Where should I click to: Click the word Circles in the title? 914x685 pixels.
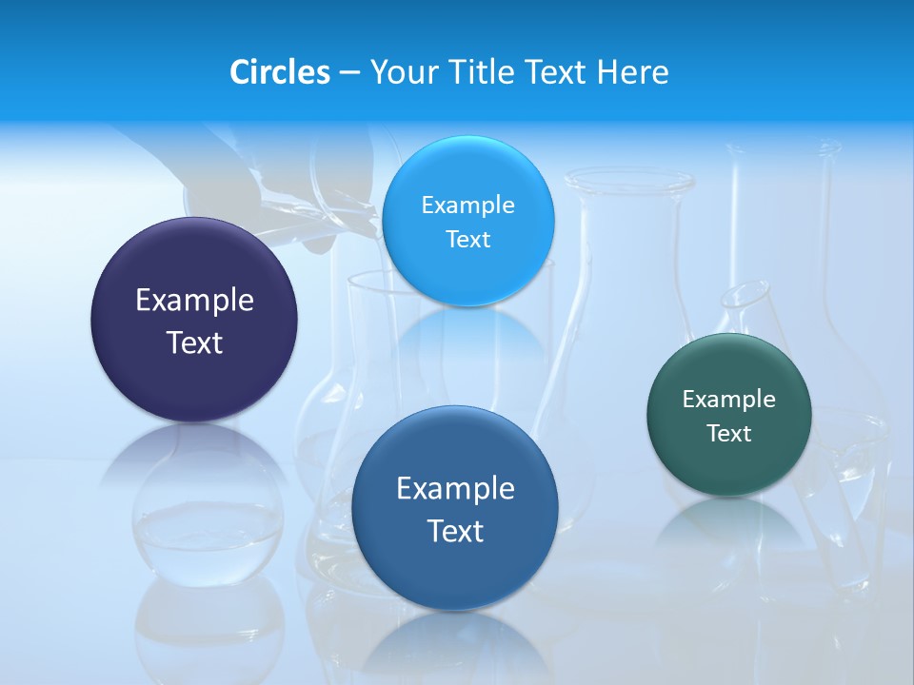tap(279, 72)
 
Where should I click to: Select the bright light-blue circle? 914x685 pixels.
tap(468, 276)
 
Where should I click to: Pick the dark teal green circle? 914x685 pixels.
tap(729, 466)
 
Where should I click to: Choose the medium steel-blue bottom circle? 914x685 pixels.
tap(455, 571)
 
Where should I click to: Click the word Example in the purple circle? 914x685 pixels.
tap(194, 301)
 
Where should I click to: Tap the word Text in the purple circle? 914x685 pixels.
tap(194, 342)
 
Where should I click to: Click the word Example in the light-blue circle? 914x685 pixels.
tap(467, 205)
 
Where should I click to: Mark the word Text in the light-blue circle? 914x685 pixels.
tap(467, 240)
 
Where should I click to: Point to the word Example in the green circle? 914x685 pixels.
tap(729, 400)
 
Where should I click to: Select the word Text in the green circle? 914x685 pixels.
tap(729, 434)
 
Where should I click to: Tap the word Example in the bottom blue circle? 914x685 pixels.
tap(455, 489)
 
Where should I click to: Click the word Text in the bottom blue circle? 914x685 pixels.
tap(455, 531)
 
